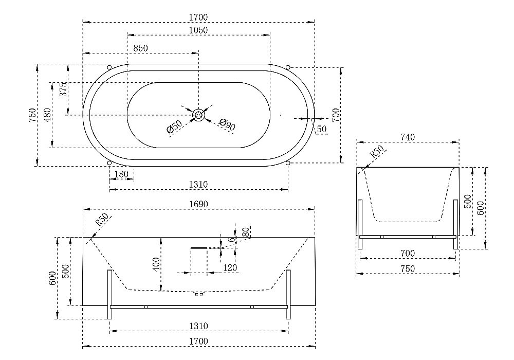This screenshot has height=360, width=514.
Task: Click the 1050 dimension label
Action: tap(198, 30)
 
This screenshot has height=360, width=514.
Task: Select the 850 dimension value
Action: tap(140, 48)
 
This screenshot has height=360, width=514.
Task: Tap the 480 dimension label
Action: tap(47, 115)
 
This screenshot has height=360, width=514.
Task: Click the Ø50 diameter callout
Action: tap(174, 127)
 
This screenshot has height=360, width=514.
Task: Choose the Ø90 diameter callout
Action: tap(227, 124)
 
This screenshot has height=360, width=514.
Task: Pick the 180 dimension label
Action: tap(121, 174)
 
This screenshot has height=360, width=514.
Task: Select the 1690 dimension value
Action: tap(198, 204)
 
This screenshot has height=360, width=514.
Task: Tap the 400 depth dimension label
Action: tap(156, 264)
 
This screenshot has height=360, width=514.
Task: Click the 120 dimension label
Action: tap(230, 268)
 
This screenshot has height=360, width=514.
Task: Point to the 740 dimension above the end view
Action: tap(408, 137)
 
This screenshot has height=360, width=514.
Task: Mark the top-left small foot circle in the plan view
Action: tap(109, 67)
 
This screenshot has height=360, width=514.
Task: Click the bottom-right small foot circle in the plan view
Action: tap(288, 163)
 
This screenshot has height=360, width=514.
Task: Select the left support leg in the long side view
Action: tap(110, 294)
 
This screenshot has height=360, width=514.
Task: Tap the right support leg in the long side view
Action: tap(288, 294)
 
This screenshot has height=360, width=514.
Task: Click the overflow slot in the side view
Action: tap(198, 248)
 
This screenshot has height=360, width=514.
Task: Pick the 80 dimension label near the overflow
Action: tap(246, 232)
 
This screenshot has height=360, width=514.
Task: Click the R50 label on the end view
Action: tap(377, 152)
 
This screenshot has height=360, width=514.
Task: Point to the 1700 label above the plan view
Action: tap(198, 17)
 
